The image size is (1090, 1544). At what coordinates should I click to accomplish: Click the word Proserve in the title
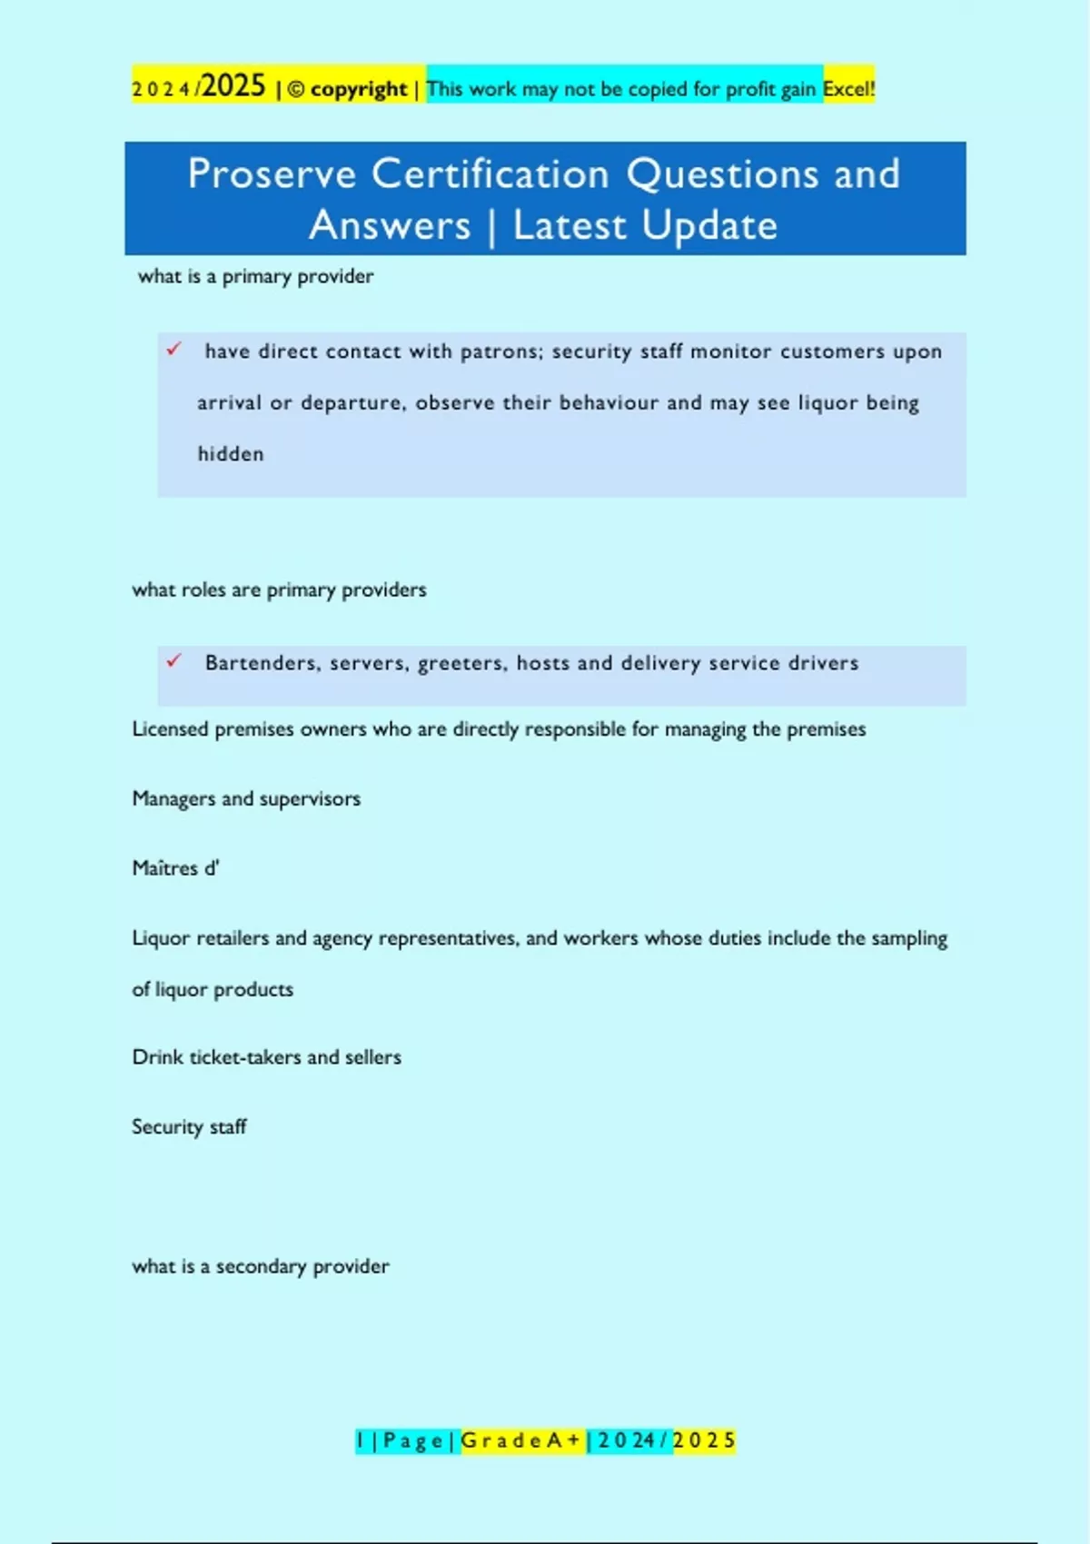[x=272, y=174]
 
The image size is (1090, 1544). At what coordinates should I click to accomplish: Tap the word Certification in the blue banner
[x=490, y=174]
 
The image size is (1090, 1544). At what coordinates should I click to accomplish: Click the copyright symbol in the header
[x=296, y=90]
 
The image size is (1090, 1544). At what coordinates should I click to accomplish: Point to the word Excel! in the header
[x=848, y=89]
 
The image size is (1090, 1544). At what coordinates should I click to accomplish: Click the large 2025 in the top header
[x=233, y=86]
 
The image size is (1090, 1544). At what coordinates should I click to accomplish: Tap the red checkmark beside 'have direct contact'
[x=173, y=350]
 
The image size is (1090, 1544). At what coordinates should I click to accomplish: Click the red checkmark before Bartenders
[x=173, y=661]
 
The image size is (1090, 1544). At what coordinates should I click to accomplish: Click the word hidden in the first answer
[x=231, y=454]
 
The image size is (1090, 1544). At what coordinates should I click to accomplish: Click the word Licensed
[x=170, y=729]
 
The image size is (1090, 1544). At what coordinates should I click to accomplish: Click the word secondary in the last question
[x=261, y=1266]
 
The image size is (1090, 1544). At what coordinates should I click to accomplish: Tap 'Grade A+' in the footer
[x=522, y=1440]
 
